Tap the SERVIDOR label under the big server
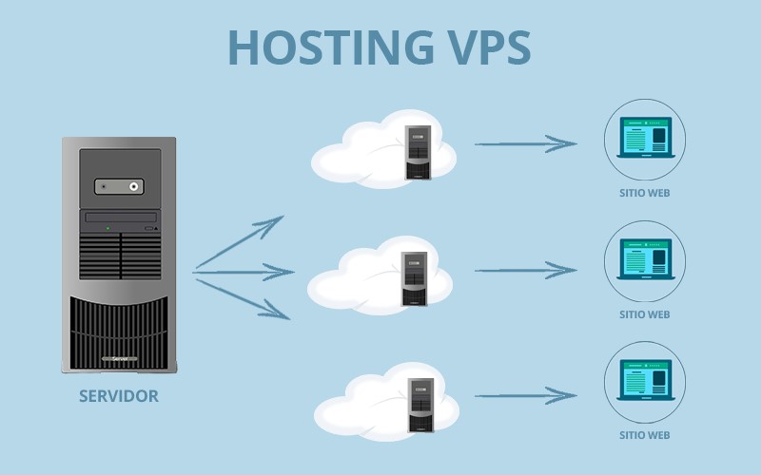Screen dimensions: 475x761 pos(119,396)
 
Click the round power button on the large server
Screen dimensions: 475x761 pos(135,187)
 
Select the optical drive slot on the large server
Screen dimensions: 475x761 pos(120,218)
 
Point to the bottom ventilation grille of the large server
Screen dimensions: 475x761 pos(119,328)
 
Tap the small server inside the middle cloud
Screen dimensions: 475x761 pos(415,279)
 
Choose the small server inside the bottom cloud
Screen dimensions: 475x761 pos(420,405)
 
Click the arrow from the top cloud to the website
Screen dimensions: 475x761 pos(525,144)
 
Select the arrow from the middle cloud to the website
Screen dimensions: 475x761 pos(525,272)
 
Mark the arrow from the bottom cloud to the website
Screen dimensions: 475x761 pos(525,395)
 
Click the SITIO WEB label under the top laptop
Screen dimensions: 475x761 pos(644,193)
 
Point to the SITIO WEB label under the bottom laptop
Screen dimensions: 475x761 pos(644,436)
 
